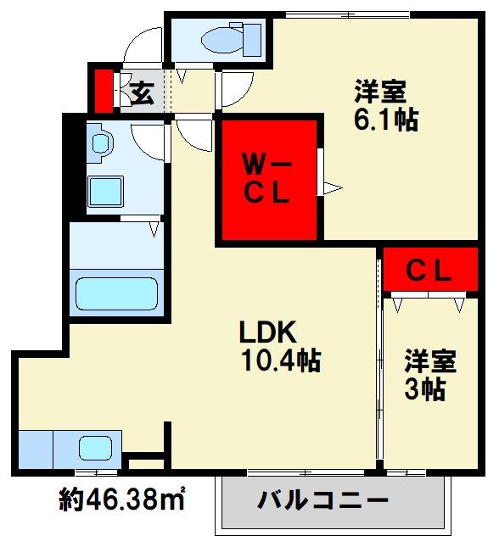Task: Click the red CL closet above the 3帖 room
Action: (x=429, y=271)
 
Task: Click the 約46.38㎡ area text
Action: (x=122, y=500)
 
